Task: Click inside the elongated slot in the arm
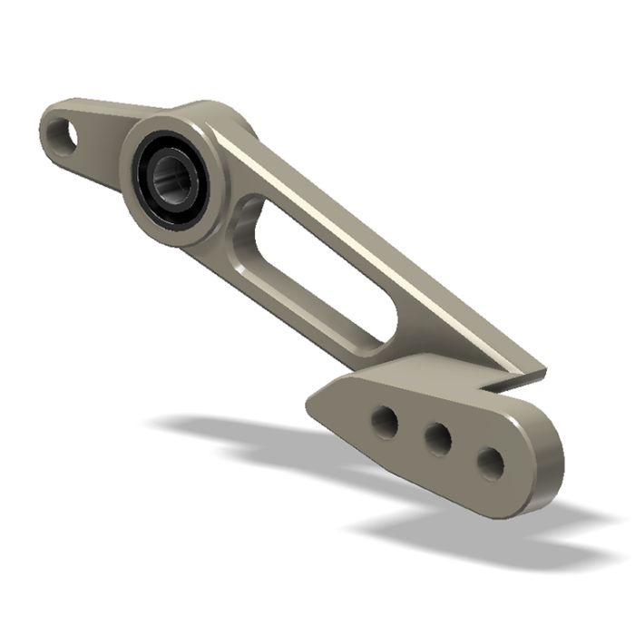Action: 308,272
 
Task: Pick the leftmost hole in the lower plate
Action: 386,422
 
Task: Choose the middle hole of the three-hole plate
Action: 438,440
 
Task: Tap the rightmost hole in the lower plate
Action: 491,463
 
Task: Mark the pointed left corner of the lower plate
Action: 310,400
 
